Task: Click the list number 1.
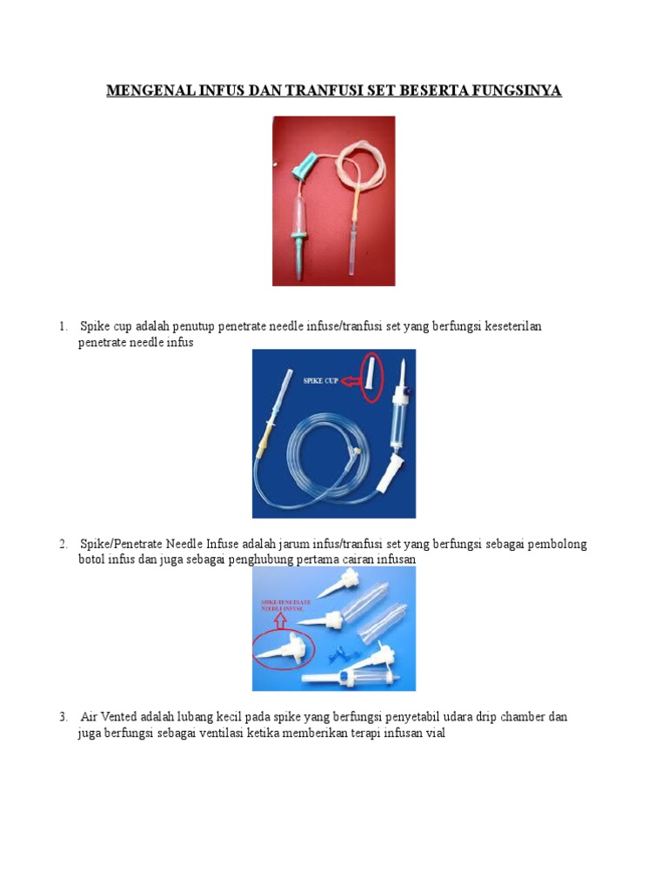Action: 63,326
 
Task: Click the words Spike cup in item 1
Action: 106,327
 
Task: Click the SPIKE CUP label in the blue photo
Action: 320,380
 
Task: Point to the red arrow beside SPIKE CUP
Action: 351,381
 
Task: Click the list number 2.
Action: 63,544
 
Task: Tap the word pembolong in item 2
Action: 558,544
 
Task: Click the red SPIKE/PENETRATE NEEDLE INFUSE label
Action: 286,605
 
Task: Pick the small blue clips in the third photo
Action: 341,654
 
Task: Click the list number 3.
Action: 63,717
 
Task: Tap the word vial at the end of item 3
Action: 436,733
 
